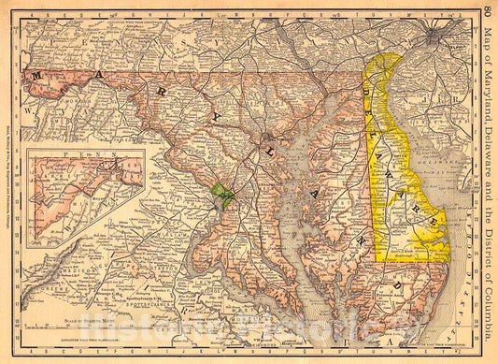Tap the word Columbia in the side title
tap(489, 318)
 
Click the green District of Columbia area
tap(222, 196)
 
